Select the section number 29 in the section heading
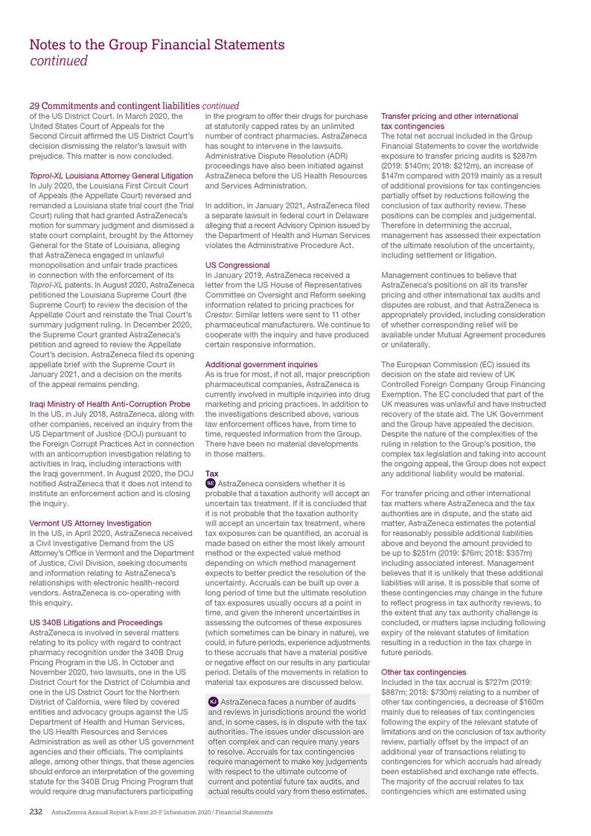pyautogui.click(x=33, y=105)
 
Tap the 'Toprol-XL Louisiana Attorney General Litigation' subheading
pyautogui.click(x=110, y=176)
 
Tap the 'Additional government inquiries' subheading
pyautogui.click(x=261, y=364)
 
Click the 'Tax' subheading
pyautogui.click(x=211, y=473)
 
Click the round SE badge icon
pyautogui.click(x=210, y=484)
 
